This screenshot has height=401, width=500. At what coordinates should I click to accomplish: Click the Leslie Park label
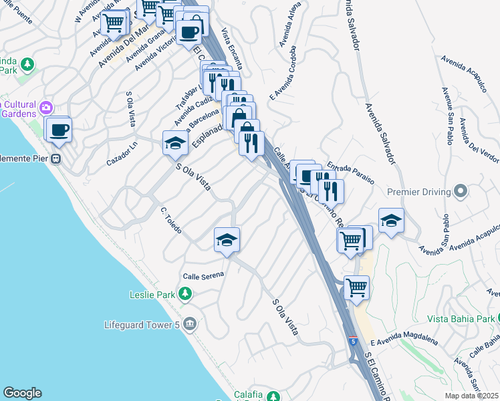(152, 294)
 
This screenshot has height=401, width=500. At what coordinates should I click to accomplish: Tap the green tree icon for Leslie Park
(186, 293)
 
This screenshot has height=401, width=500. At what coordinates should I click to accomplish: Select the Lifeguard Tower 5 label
(142, 325)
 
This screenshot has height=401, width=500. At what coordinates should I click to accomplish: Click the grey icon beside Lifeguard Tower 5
(191, 325)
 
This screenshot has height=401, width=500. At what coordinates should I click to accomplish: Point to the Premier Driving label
(419, 192)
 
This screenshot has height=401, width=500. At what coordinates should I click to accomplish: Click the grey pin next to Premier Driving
(461, 192)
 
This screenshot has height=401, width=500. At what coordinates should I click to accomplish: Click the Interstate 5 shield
(352, 342)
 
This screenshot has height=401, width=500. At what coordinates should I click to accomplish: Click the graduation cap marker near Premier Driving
(390, 221)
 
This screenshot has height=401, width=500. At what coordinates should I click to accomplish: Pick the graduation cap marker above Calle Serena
(227, 240)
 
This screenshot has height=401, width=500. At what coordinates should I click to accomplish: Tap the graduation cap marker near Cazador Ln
(175, 143)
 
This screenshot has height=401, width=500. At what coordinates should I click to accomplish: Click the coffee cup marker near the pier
(59, 129)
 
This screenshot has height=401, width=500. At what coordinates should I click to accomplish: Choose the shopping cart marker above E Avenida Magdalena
(356, 288)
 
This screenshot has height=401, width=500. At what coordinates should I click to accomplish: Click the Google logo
(22, 393)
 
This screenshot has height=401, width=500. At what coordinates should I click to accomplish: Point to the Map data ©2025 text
(471, 396)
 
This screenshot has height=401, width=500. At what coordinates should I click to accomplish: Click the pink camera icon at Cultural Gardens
(46, 107)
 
